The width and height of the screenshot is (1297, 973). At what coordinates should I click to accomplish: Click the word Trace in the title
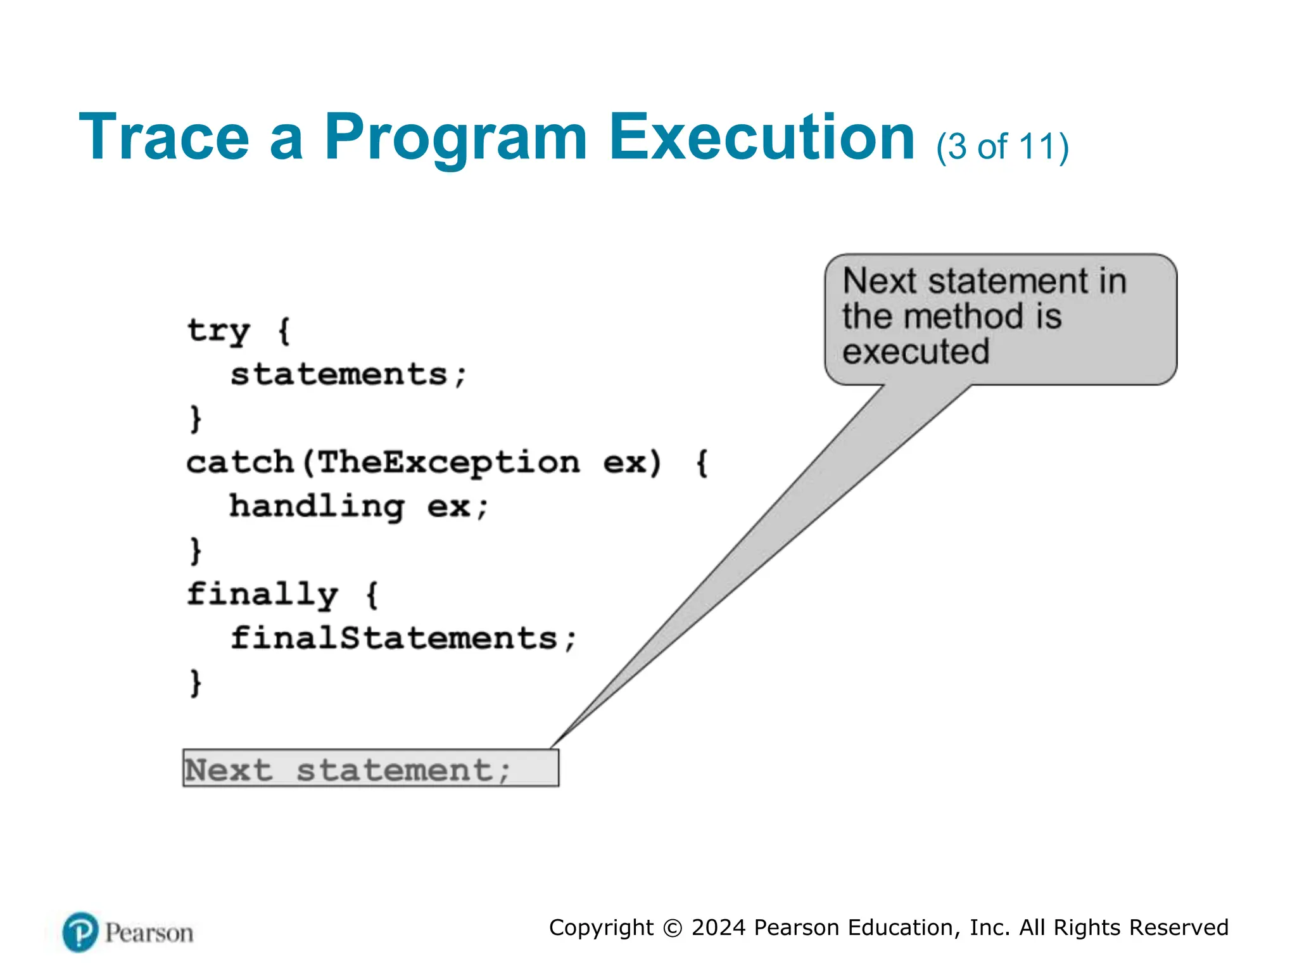pos(164,137)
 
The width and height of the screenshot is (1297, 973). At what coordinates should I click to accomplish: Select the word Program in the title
pos(455,137)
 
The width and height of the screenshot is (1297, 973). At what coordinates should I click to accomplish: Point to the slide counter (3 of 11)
pos(1003,147)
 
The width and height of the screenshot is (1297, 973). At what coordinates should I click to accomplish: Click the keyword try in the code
pos(218,331)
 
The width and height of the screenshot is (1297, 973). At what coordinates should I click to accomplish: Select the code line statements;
pos(348,374)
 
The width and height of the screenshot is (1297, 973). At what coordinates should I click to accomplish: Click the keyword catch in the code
pos(240,462)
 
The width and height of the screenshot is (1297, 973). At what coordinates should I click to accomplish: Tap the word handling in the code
pos(317,506)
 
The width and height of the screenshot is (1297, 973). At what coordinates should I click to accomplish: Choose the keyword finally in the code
pos(262,594)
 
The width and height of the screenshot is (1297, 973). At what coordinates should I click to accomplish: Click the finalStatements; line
pos(403,638)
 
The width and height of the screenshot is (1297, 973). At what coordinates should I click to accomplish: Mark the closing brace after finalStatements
pos(196,682)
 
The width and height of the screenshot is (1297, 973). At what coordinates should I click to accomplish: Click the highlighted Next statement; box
pos(370,768)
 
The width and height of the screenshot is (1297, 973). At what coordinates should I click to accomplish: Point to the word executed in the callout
pos(915,352)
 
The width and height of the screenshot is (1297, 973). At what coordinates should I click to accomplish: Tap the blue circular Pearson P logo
pos(80,932)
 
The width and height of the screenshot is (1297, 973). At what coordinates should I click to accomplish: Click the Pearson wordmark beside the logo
pos(149,933)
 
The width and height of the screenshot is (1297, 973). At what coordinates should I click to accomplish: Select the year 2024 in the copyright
pos(718,927)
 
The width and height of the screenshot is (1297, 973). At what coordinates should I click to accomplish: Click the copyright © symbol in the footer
pos(672,928)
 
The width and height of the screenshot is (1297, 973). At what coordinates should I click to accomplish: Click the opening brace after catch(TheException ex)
pos(702,462)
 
